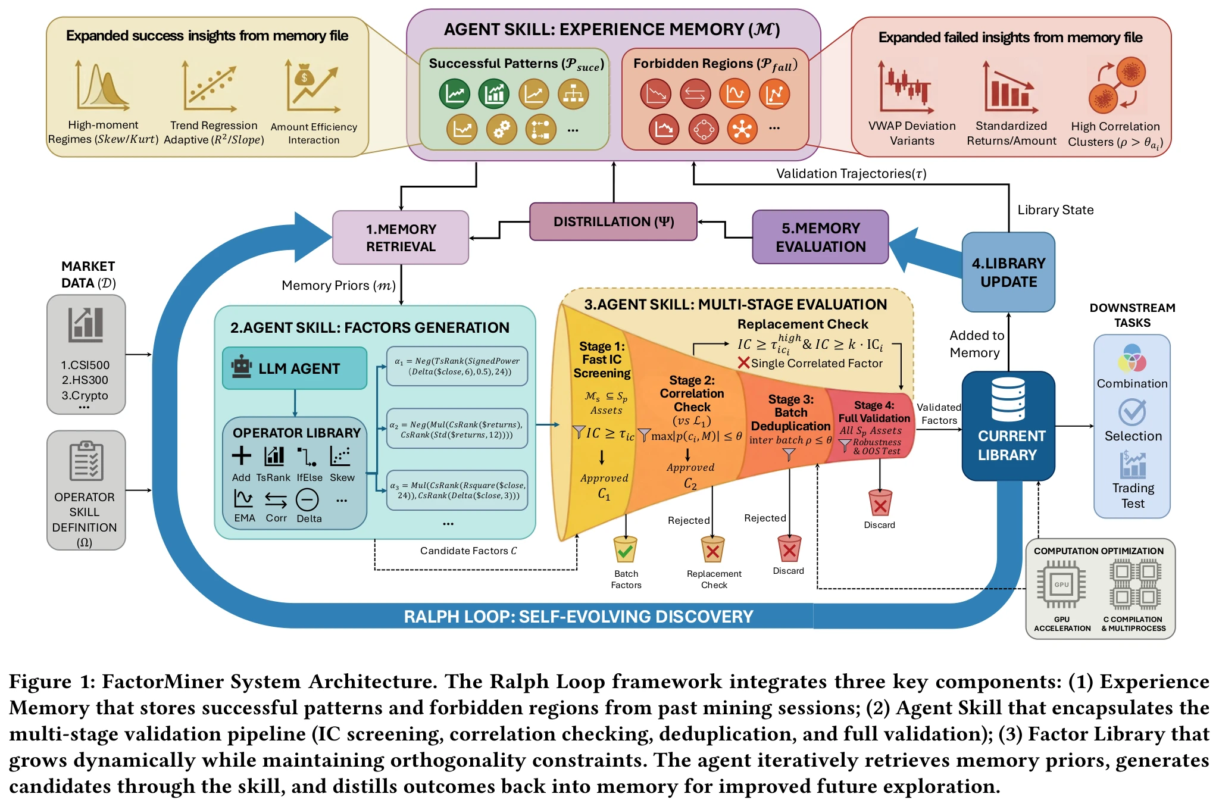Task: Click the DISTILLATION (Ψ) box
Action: click(613, 221)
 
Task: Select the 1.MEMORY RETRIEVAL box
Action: click(401, 237)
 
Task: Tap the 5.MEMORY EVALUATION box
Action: click(820, 237)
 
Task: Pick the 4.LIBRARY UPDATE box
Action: click(1008, 272)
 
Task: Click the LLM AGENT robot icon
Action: click(242, 367)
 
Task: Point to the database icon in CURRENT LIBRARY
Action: click(1008, 399)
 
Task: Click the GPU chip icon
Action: click(1061, 585)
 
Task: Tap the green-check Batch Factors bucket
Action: click(625, 549)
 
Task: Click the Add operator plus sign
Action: click(241, 456)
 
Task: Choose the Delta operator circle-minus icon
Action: click(307, 500)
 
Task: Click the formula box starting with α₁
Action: click(457, 366)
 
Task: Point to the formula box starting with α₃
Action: click(457, 490)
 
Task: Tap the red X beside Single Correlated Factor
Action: click(743, 362)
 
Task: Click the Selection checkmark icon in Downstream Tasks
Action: click(1132, 411)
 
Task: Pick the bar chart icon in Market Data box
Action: click(86, 325)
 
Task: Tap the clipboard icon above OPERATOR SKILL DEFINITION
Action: click(86, 460)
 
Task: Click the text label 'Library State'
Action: click(1055, 210)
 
